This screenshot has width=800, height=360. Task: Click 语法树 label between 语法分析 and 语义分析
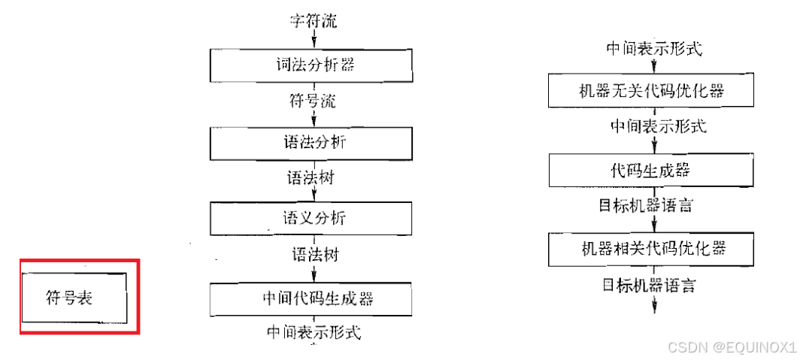click(311, 179)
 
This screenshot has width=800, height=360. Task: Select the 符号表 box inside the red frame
click(74, 295)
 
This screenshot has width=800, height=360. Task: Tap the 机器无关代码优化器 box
click(651, 92)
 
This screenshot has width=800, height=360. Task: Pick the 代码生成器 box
click(651, 170)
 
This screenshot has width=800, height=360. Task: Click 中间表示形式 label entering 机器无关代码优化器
click(653, 50)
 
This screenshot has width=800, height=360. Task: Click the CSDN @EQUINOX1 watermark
click(731, 346)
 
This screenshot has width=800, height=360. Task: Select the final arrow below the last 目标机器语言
click(655, 304)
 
